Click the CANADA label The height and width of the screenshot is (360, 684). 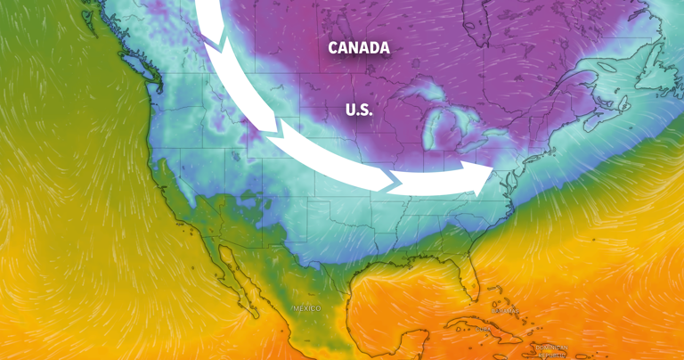click(x=359, y=48)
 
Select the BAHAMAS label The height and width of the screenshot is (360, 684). click(x=505, y=311)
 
